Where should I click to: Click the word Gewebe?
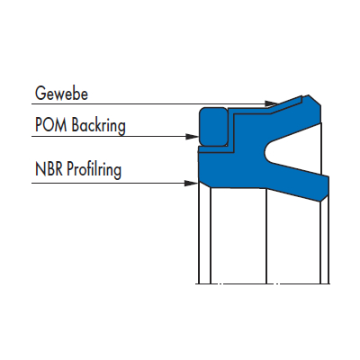[x=61, y=94]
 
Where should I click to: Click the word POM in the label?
[x=50, y=124]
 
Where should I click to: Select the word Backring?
[x=98, y=126]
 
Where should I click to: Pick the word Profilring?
[x=94, y=170]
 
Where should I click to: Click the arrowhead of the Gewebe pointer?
[x=272, y=103]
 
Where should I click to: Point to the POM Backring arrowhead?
[x=193, y=137]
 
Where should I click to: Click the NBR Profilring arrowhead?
[x=191, y=183]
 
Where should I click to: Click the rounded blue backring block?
[x=213, y=127]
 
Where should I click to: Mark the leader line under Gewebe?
[x=151, y=104]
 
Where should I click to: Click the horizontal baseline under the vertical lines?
[x=263, y=283]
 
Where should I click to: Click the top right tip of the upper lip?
[x=310, y=95]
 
